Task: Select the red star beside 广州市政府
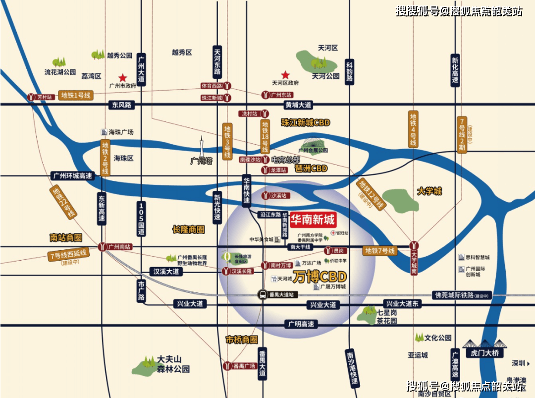pyautogui.click(x=122, y=77)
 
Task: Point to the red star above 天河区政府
pyautogui.click(x=285, y=75)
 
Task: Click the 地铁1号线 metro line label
pyautogui.click(x=76, y=95)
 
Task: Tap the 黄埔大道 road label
pyautogui.click(x=298, y=105)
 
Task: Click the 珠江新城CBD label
pyautogui.click(x=305, y=122)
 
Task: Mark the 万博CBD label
pyautogui.click(x=319, y=276)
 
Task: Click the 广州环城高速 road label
pyautogui.click(x=72, y=175)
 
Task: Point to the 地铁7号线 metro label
pyautogui.click(x=380, y=251)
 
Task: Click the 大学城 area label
pyautogui.click(x=429, y=191)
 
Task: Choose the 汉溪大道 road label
pyautogui.click(x=166, y=271)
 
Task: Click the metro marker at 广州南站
pyautogui.click(x=102, y=246)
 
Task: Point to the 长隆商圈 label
pyautogui.click(x=188, y=229)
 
